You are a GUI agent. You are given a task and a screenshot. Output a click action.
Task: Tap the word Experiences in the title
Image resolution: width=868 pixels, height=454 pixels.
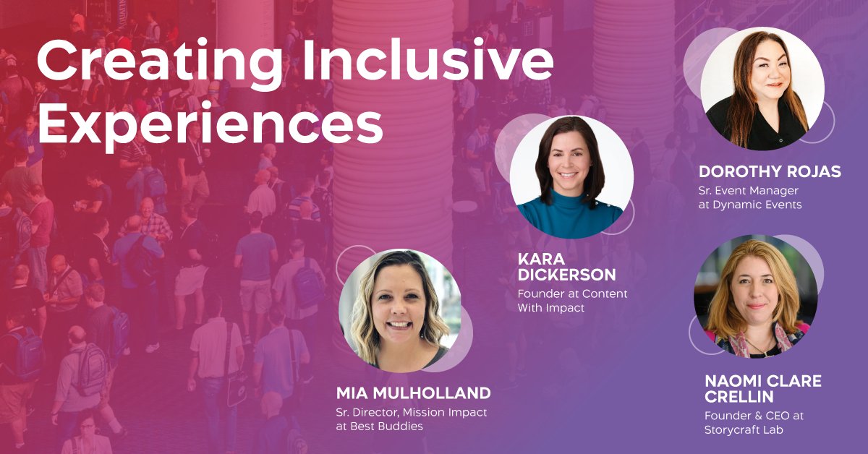click(x=210, y=124)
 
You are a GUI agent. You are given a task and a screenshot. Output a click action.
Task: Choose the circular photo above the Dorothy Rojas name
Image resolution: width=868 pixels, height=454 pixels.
click(x=762, y=89)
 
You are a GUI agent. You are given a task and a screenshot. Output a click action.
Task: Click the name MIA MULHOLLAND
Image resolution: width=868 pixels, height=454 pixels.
click(x=413, y=393)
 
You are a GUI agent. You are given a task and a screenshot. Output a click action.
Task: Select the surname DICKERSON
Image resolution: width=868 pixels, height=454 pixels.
click(x=567, y=275)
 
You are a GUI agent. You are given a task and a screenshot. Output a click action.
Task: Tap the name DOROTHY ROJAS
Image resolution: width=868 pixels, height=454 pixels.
click(x=770, y=172)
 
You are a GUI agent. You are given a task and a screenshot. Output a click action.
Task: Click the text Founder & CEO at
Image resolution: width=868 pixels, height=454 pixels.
click(x=754, y=416)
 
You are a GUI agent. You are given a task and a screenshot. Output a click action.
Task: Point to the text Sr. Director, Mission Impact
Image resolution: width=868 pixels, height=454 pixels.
click(x=411, y=412)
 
